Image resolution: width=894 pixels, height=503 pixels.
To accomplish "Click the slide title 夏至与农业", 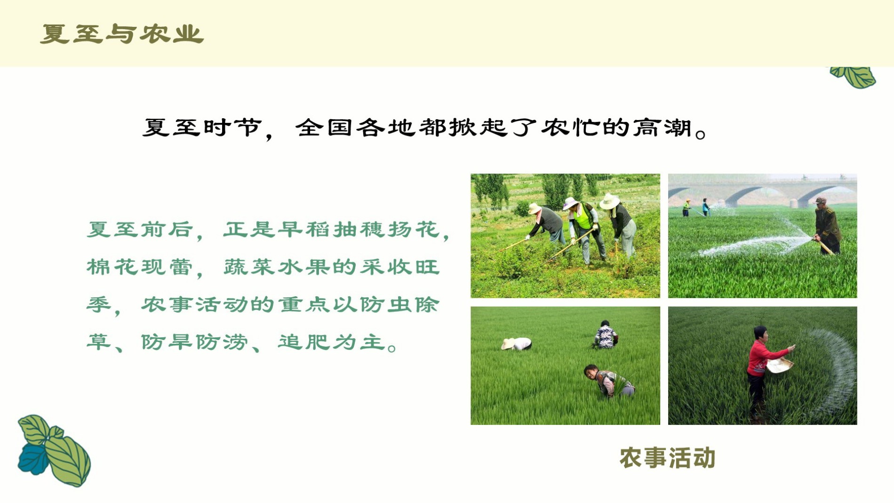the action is pos(122,34).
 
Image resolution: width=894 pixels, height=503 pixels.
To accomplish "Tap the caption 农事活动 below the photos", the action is pos(667,458).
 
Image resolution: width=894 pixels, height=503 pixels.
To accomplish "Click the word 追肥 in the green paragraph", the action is pos(304,342).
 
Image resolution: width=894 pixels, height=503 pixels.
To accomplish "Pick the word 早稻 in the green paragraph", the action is pos(304,229).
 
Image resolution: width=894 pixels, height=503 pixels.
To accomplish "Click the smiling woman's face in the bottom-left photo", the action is pos(591,372).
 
